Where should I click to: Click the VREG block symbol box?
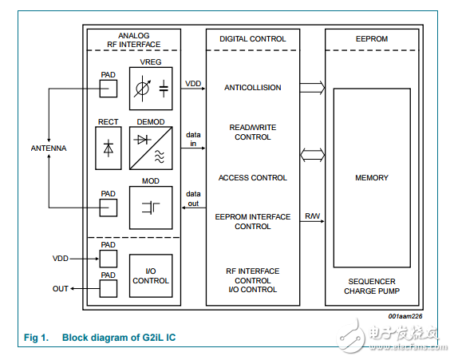click(x=150, y=89)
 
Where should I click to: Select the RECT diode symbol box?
click(x=108, y=148)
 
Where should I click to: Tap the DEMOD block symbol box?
click(x=150, y=148)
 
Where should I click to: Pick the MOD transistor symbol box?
click(x=150, y=207)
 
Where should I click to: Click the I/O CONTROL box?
click(x=150, y=275)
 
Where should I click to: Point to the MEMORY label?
click(x=371, y=178)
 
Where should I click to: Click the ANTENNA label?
click(x=49, y=148)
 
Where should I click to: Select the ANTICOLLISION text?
click(x=252, y=88)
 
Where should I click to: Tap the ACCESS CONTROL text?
click(x=252, y=178)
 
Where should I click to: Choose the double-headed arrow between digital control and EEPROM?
click(x=312, y=154)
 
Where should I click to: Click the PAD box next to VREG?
click(x=108, y=89)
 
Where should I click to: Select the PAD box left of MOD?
click(x=108, y=206)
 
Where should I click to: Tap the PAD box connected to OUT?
click(x=108, y=288)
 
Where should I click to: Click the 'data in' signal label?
click(x=193, y=140)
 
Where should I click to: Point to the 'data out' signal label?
click(x=193, y=198)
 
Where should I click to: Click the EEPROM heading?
click(x=371, y=38)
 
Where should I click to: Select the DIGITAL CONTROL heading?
click(x=252, y=38)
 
